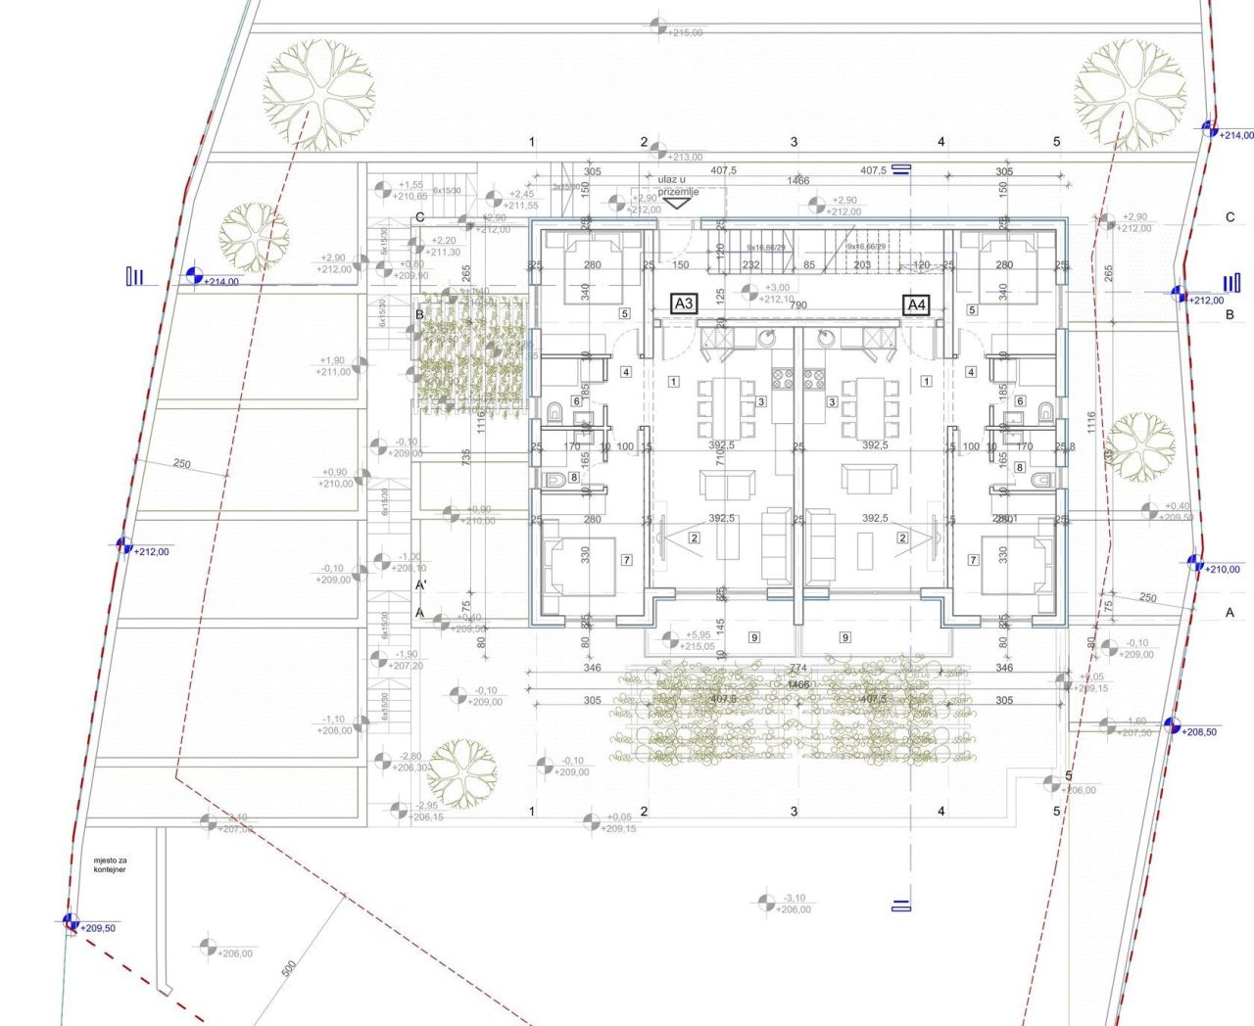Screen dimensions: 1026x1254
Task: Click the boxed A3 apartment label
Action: pyautogui.click(x=684, y=304)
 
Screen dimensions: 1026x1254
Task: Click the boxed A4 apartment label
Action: pyautogui.click(x=916, y=305)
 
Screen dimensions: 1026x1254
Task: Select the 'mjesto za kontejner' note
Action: pyautogui.click(x=110, y=863)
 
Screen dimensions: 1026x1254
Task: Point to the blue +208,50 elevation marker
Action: pyautogui.click(x=1171, y=725)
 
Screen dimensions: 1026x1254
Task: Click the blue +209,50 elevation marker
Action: pyautogui.click(x=71, y=921)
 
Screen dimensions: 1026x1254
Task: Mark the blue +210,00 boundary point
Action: pyautogui.click(x=1195, y=563)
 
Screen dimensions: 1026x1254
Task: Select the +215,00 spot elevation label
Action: pyautogui.click(x=684, y=32)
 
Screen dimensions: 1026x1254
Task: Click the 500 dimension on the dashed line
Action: pyautogui.click(x=289, y=968)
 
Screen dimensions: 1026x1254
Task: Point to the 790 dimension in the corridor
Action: pyautogui.click(x=798, y=305)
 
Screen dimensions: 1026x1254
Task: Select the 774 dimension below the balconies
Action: pyautogui.click(x=798, y=669)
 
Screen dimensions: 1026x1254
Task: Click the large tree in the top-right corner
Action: pyautogui.click(x=1130, y=94)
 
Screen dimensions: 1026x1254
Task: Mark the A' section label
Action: pyautogui.click(x=421, y=585)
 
